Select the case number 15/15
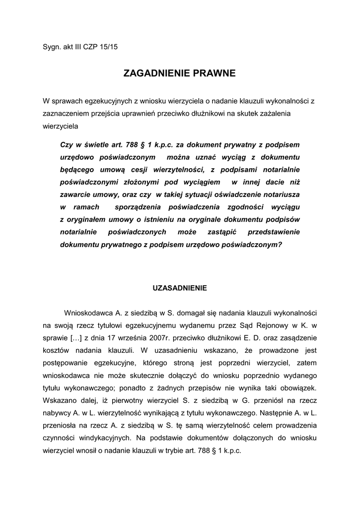[x=109, y=47]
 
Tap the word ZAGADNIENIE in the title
[x=154, y=74]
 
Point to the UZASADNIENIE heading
[x=179, y=288]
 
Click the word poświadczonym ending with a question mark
[x=254, y=245]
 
